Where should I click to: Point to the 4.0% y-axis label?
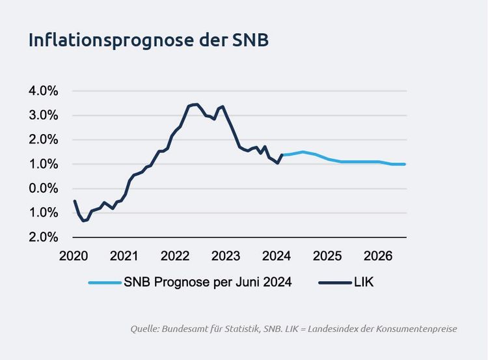pyautogui.click(x=44, y=91)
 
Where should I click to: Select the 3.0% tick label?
pyautogui.click(x=44, y=115)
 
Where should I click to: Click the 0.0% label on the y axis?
pyautogui.click(x=44, y=188)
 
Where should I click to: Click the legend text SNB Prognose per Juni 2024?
pyautogui.click(x=208, y=282)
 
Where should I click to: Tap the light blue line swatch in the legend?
pyautogui.click(x=104, y=283)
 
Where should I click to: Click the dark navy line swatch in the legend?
pyautogui.click(x=335, y=283)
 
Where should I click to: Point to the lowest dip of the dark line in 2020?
pyautogui.click(x=83, y=221)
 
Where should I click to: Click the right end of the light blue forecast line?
pyautogui.click(x=405, y=164)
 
